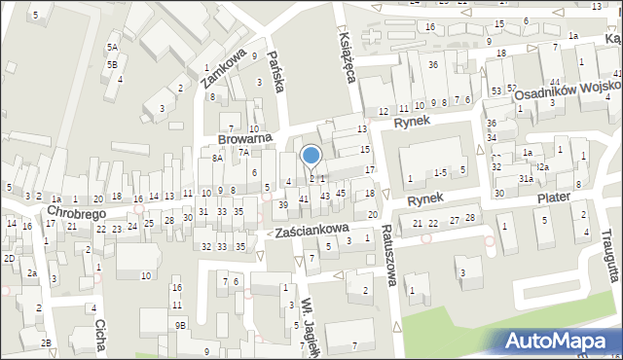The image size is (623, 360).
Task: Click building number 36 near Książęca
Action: point(432,64)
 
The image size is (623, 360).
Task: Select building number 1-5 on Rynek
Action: point(440,172)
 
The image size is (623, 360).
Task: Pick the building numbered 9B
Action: point(180,325)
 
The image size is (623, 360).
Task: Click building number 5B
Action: point(113,64)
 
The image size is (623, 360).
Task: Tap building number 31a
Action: point(526,179)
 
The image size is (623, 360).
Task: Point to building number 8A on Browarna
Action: point(218,158)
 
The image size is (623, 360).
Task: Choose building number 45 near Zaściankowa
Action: point(341,193)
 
